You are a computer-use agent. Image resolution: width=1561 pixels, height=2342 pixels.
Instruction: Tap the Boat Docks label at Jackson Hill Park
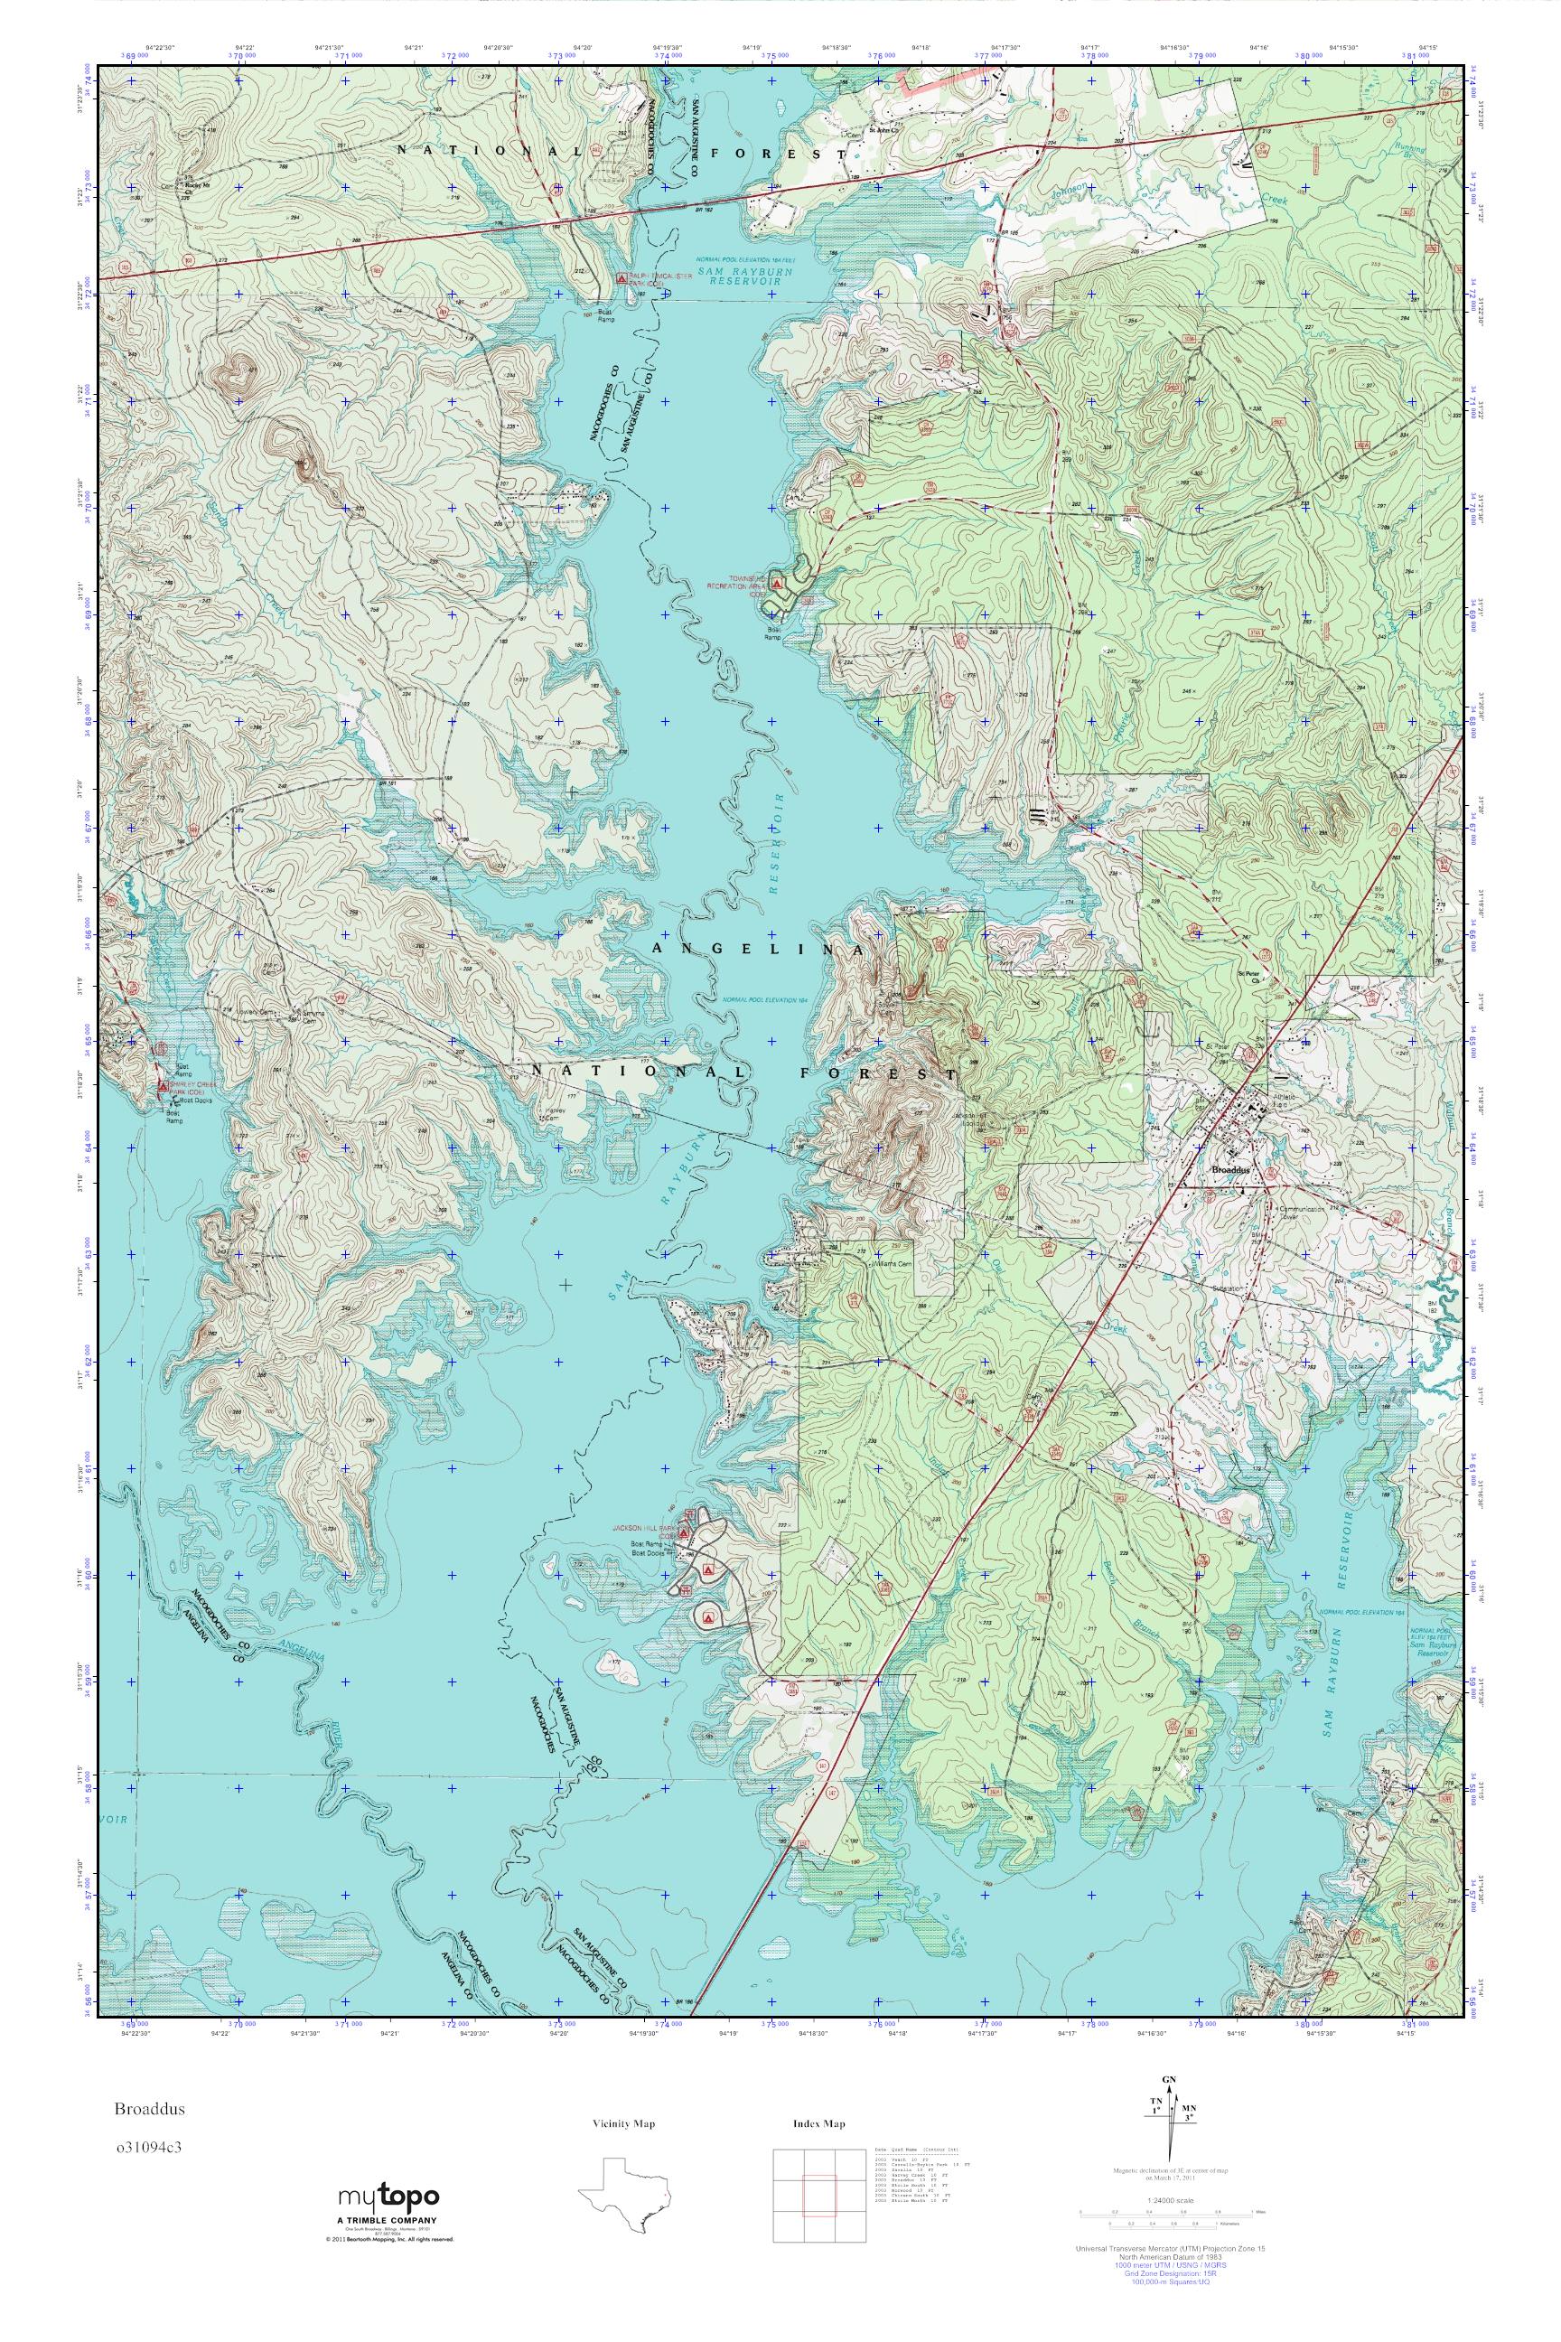coord(650,1552)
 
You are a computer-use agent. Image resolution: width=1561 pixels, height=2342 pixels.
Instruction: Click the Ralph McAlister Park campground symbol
coord(622,277)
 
